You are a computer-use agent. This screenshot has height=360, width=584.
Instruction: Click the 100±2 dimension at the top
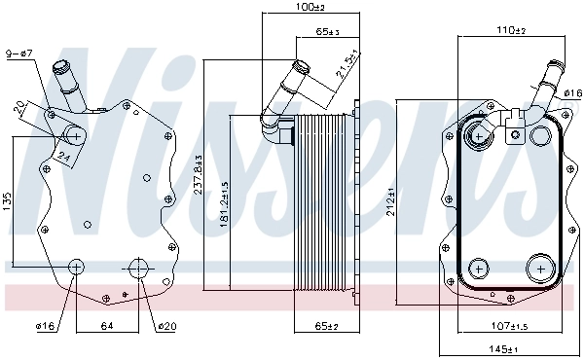pyautogui.click(x=310, y=8)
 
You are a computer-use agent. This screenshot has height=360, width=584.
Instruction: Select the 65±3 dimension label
pyautogui.click(x=328, y=33)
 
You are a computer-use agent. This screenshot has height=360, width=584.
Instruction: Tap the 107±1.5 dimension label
pyautogui.click(x=510, y=325)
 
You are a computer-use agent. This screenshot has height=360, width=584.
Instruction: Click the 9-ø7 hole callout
pyautogui.click(x=19, y=53)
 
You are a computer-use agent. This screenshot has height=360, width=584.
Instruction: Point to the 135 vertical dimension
pyautogui.click(x=9, y=202)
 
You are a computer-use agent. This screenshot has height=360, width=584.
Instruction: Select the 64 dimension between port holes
pyautogui.click(x=107, y=325)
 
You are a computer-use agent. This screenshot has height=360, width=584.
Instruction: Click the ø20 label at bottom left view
pyautogui.click(x=166, y=325)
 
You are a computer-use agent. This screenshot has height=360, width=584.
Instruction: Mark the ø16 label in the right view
pyautogui.click(x=572, y=93)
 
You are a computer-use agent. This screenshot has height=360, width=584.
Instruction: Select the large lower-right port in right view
pyautogui.click(x=537, y=268)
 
